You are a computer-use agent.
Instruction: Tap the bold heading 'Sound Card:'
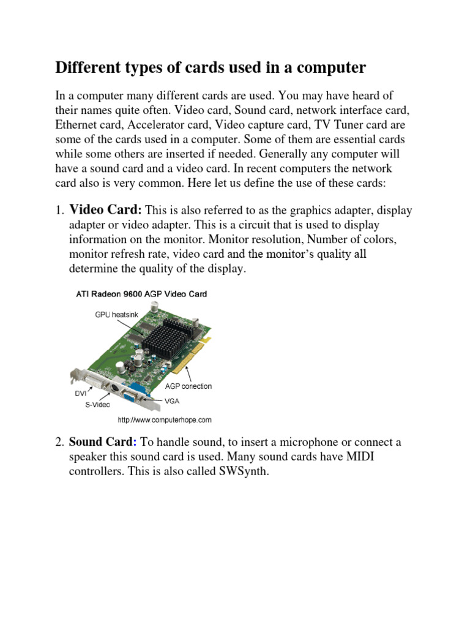click(101, 442)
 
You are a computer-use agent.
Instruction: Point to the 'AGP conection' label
click(188, 386)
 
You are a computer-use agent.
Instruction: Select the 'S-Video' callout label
click(97, 405)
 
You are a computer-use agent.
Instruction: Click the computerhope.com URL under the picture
click(164, 420)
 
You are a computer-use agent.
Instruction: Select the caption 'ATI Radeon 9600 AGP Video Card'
click(141, 294)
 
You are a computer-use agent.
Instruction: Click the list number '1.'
click(60, 211)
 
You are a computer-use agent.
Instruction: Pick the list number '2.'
click(60, 442)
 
